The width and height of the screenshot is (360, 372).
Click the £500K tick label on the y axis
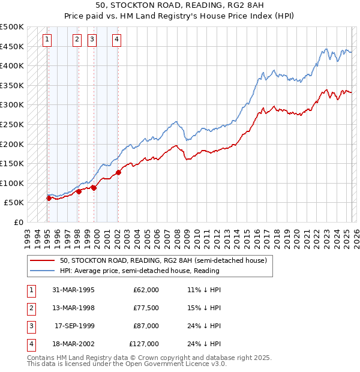click(12, 27)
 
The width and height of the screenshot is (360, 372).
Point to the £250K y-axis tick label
click(12, 124)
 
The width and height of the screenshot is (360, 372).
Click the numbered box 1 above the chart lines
click(47, 40)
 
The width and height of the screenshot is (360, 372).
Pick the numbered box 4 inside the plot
click(116, 40)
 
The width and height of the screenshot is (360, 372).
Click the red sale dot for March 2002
click(118, 172)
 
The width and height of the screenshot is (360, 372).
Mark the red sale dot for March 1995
click(49, 197)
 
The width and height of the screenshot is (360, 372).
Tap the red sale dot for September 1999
click(94, 188)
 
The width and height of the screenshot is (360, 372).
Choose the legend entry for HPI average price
click(139, 271)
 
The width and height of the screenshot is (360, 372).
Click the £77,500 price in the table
click(146, 308)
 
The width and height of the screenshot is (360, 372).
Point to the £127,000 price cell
click(144, 344)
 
